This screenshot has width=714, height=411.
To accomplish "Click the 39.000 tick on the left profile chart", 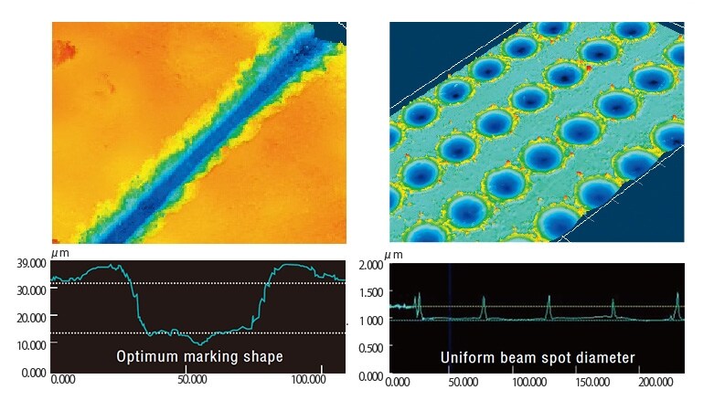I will coord(31,263).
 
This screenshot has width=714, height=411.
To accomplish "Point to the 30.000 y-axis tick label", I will coord(31,290).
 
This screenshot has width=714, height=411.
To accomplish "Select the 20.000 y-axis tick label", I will coord(31,318).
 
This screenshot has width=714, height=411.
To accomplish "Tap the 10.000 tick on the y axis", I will coord(31,345).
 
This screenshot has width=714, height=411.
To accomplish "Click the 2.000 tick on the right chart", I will coord(370,266).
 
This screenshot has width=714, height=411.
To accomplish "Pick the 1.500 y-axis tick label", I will coord(370,292).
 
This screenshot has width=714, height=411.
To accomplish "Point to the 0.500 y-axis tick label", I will coord(370,348).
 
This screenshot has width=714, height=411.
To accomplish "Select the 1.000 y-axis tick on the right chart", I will coord(370,321).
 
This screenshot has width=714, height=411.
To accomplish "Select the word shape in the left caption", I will coord(261,356).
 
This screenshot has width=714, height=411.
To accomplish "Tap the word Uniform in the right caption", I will coord(466,357).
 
